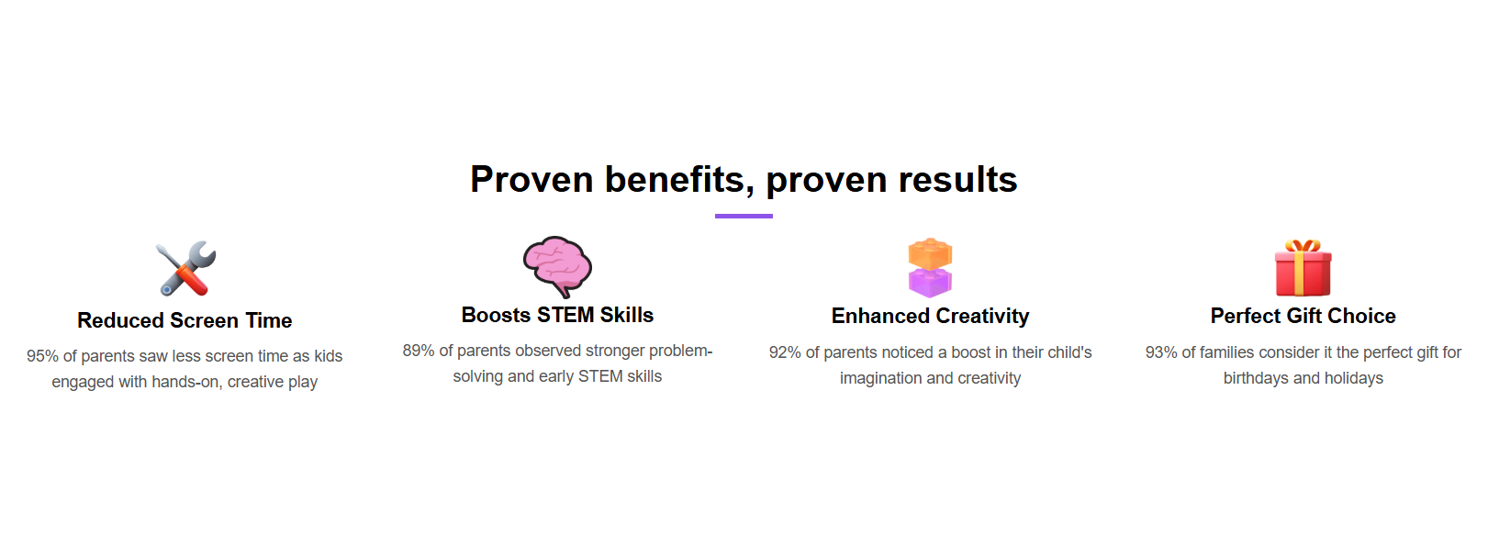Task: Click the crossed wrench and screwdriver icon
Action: pyautogui.click(x=185, y=268)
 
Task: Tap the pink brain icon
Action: pyautogui.click(x=557, y=266)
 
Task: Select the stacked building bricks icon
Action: pyautogui.click(x=930, y=267)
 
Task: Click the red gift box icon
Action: pyautogui.click(x=1303, y=267)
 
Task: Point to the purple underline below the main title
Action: pyautogui.click(x=744, y=216)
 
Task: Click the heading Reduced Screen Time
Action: pyautogui.click(x=185, y=320)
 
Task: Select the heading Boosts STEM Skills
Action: pyautogui.click(x=557, y=315)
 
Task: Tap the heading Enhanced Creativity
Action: pyautogui.click(x=930, y=316)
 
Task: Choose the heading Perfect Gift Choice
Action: pyautogui.click(x=1303, y=316)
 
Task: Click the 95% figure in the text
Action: pyautogui.click(x=42, y=356)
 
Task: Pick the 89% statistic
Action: pyautogui.click(x=419, y=351)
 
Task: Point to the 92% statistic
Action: pyautogui.click(x=785, y=352)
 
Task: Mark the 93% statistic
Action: pyautogui.click(x=1161, y=352)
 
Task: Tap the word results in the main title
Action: pyautogui.click(x=958, y=179)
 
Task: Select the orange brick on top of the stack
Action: pyautogui.click(x=930, y=253)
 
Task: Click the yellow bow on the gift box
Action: pyautogui.click(x=1303, y=246)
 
